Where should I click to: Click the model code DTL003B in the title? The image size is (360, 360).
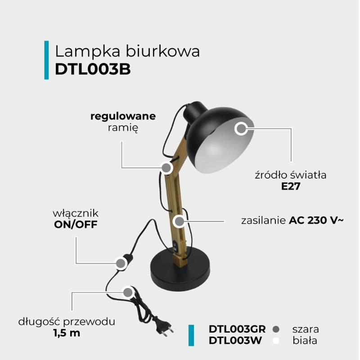[93, 69]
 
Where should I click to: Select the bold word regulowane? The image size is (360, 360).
[123, 116]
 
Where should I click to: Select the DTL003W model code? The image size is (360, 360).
[234, 341]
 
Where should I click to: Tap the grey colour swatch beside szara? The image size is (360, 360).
[276, 329]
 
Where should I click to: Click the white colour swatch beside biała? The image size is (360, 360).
[276, 341]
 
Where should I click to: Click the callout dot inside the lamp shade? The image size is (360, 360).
[241, 129]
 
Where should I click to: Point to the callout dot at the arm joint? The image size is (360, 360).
[166, 168]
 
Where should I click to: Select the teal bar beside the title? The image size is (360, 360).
[46, 60]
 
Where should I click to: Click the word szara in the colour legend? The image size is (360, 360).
[306, 329]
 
